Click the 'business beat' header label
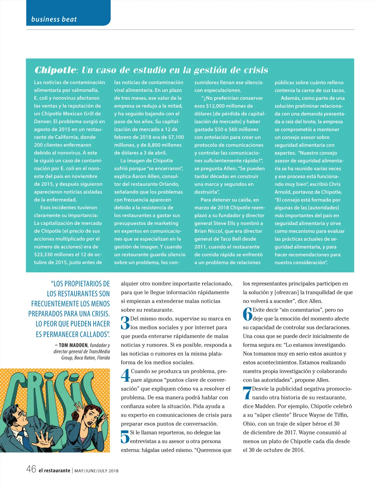tap(54, 19)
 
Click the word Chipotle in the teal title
tap(55, 70)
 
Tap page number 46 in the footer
tap(31, 469)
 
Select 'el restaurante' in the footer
tap(54, 471)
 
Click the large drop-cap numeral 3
tap(125, 323)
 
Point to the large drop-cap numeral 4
tap(125, 375)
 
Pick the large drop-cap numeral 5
tap(125, 437)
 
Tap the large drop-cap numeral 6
tap(248, 314)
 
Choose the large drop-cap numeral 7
tap(247, 393)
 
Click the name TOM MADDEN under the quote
tap(73, 345)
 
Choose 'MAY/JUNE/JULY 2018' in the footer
tap(96, 471)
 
